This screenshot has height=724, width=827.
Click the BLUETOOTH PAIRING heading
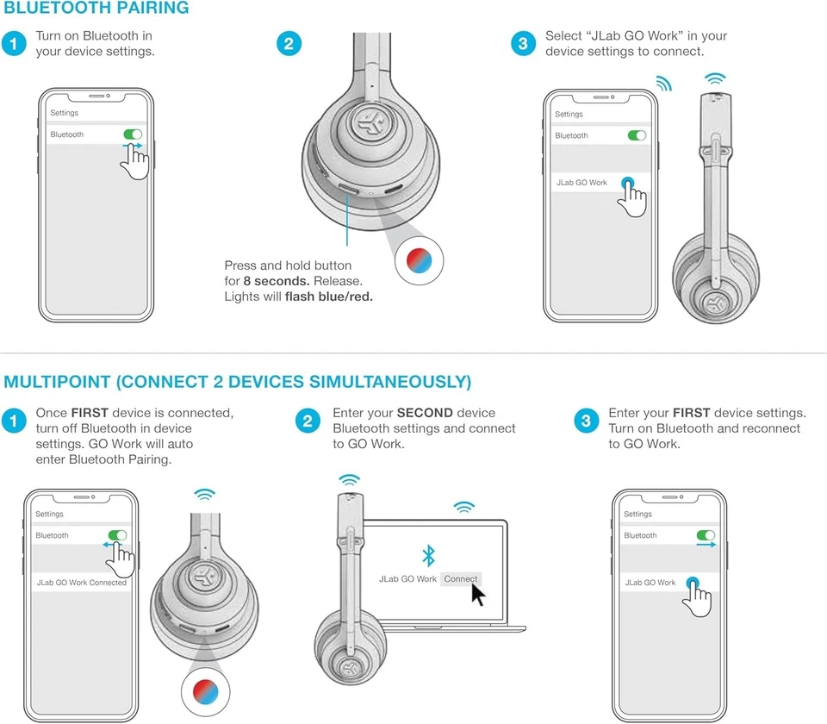point(96,9)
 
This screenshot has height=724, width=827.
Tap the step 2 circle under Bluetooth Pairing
point(289,44)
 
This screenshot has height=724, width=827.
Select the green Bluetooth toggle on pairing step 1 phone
point(132,134)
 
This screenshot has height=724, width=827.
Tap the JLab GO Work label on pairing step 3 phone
point(581,183)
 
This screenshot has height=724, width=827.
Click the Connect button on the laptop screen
point(461,579)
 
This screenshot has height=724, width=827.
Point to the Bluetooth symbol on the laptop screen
point(427,555)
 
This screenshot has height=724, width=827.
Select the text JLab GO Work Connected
point(81,583)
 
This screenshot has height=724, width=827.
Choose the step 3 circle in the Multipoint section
point(586,421)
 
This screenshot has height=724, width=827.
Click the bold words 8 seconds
point(276,281)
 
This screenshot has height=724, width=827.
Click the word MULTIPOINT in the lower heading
point(58,381)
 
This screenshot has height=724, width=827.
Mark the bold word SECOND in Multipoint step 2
point(424,413)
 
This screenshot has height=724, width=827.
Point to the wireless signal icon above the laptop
point(464,507)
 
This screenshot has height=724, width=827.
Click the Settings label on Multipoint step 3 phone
point(637,514)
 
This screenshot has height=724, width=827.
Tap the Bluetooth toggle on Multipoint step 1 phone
point(117,535)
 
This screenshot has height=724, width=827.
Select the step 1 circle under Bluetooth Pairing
point(14,44)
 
